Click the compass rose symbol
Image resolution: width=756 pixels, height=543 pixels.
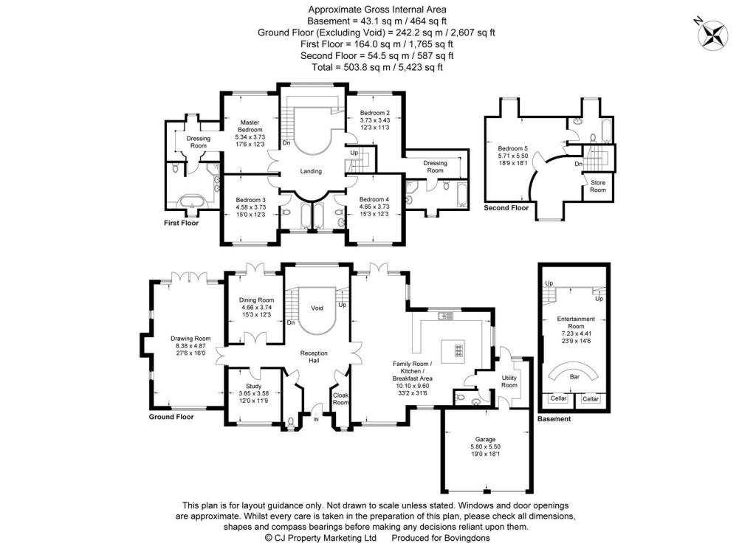tap(712, 35)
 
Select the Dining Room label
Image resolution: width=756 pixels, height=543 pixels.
tap(256, 300)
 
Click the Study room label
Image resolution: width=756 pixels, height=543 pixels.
tap(254, 386)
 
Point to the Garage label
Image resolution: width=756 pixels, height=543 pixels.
tap(485, 439)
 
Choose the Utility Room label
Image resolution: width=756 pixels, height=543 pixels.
tap(509, 381)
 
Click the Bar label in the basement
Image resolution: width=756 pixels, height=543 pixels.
tap(574, 376)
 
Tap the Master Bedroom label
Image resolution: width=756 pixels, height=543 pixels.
tap(250, 125)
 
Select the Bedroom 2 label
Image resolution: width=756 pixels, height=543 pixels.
tap(374, 113)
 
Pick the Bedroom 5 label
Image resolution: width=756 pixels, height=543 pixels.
tap(512, 148)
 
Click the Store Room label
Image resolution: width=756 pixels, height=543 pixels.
tap(598, 186)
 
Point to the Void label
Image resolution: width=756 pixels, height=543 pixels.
tap(317, 308)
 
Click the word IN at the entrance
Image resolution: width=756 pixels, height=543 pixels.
tap(316, 420)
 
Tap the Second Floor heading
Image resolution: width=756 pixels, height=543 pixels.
tap(506, 207)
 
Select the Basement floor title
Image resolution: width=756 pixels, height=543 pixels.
tap(554, 419)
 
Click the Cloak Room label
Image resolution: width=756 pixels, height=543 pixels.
tap(340, 398)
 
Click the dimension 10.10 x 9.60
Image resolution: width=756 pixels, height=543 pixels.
tap(412, 385)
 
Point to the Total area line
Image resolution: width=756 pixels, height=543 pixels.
tap(377, 67)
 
